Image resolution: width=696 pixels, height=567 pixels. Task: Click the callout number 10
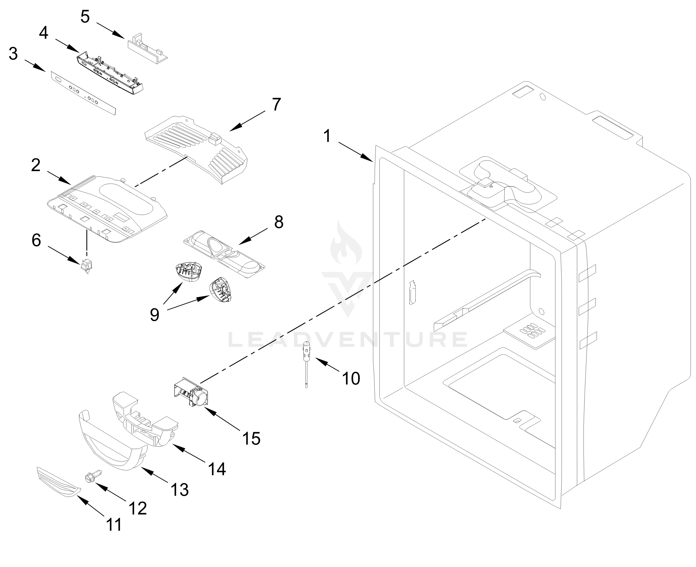pos(351,379)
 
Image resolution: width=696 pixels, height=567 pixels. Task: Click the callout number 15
pos(251,438)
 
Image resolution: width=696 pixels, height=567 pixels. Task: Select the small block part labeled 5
pos(147,48)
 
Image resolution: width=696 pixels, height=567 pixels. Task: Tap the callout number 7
pos(276,104)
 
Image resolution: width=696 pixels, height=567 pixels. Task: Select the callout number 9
pos(154,315)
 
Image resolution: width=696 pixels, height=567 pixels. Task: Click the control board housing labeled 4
pos(110,72)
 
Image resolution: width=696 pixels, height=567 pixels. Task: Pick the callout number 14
pos(217,469)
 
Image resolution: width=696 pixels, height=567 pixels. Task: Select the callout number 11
pos(114,524)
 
